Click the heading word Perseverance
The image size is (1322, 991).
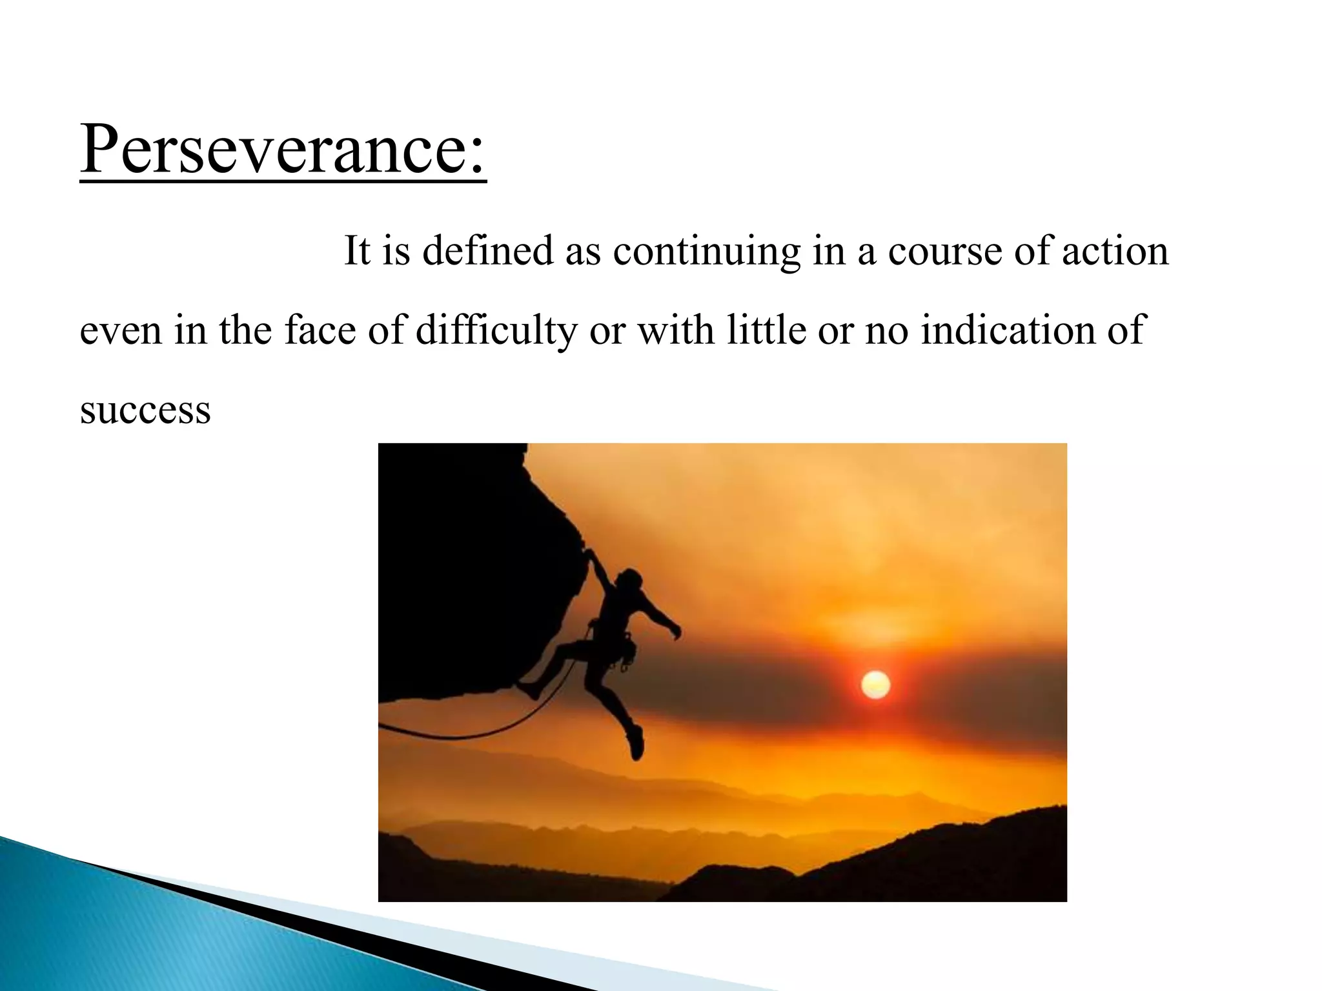[x=271, y=150]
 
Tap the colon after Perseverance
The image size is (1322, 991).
[x=476, y=158]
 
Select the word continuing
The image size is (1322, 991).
[x=706, y=252]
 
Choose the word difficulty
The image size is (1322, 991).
[x=496, y=331]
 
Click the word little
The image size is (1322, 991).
[x=766, y=330]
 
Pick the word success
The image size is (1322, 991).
[x=145, y=410]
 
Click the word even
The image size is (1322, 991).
[x=121, y=331]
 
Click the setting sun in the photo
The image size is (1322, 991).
[x=875, y=685]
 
